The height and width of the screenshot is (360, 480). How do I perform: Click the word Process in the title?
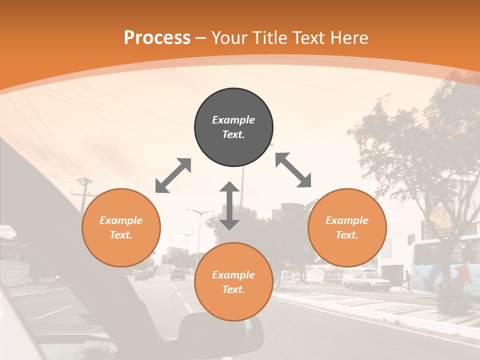[x=157, y=38]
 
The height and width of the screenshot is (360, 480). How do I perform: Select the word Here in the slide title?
[x=348, y=38]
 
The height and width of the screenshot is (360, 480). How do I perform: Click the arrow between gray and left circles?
[x=173, y=175]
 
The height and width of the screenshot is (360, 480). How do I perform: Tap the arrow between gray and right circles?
[x=293, y=170]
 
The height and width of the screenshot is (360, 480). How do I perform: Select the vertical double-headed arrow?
[x=229, y=205]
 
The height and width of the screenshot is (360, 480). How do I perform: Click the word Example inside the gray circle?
[x=233, y=120]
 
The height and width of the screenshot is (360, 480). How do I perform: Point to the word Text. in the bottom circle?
[x=233, y=289]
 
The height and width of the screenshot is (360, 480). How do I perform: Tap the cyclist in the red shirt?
[x=407, y=280]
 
